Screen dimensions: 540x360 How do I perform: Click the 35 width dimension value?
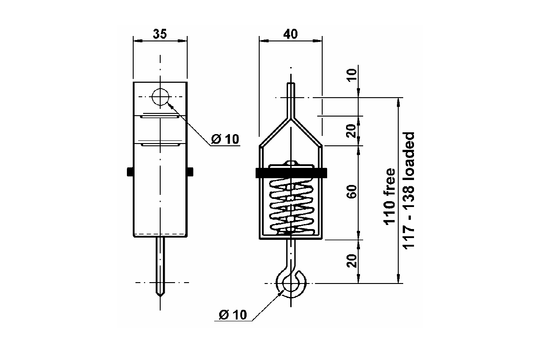click(160, 34)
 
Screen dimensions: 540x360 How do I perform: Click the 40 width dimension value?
click(290, 34)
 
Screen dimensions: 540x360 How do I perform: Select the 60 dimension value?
click(352, 192)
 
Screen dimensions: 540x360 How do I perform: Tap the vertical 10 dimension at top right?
click(352, 75)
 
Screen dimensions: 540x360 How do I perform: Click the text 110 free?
click(389, 197)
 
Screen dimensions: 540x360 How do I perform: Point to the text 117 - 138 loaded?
click(409, 191)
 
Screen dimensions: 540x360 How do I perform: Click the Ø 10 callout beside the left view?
click(225, 139)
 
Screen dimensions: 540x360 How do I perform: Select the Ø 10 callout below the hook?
click(233, 315)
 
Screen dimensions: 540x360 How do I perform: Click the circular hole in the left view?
click(160, 97)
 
